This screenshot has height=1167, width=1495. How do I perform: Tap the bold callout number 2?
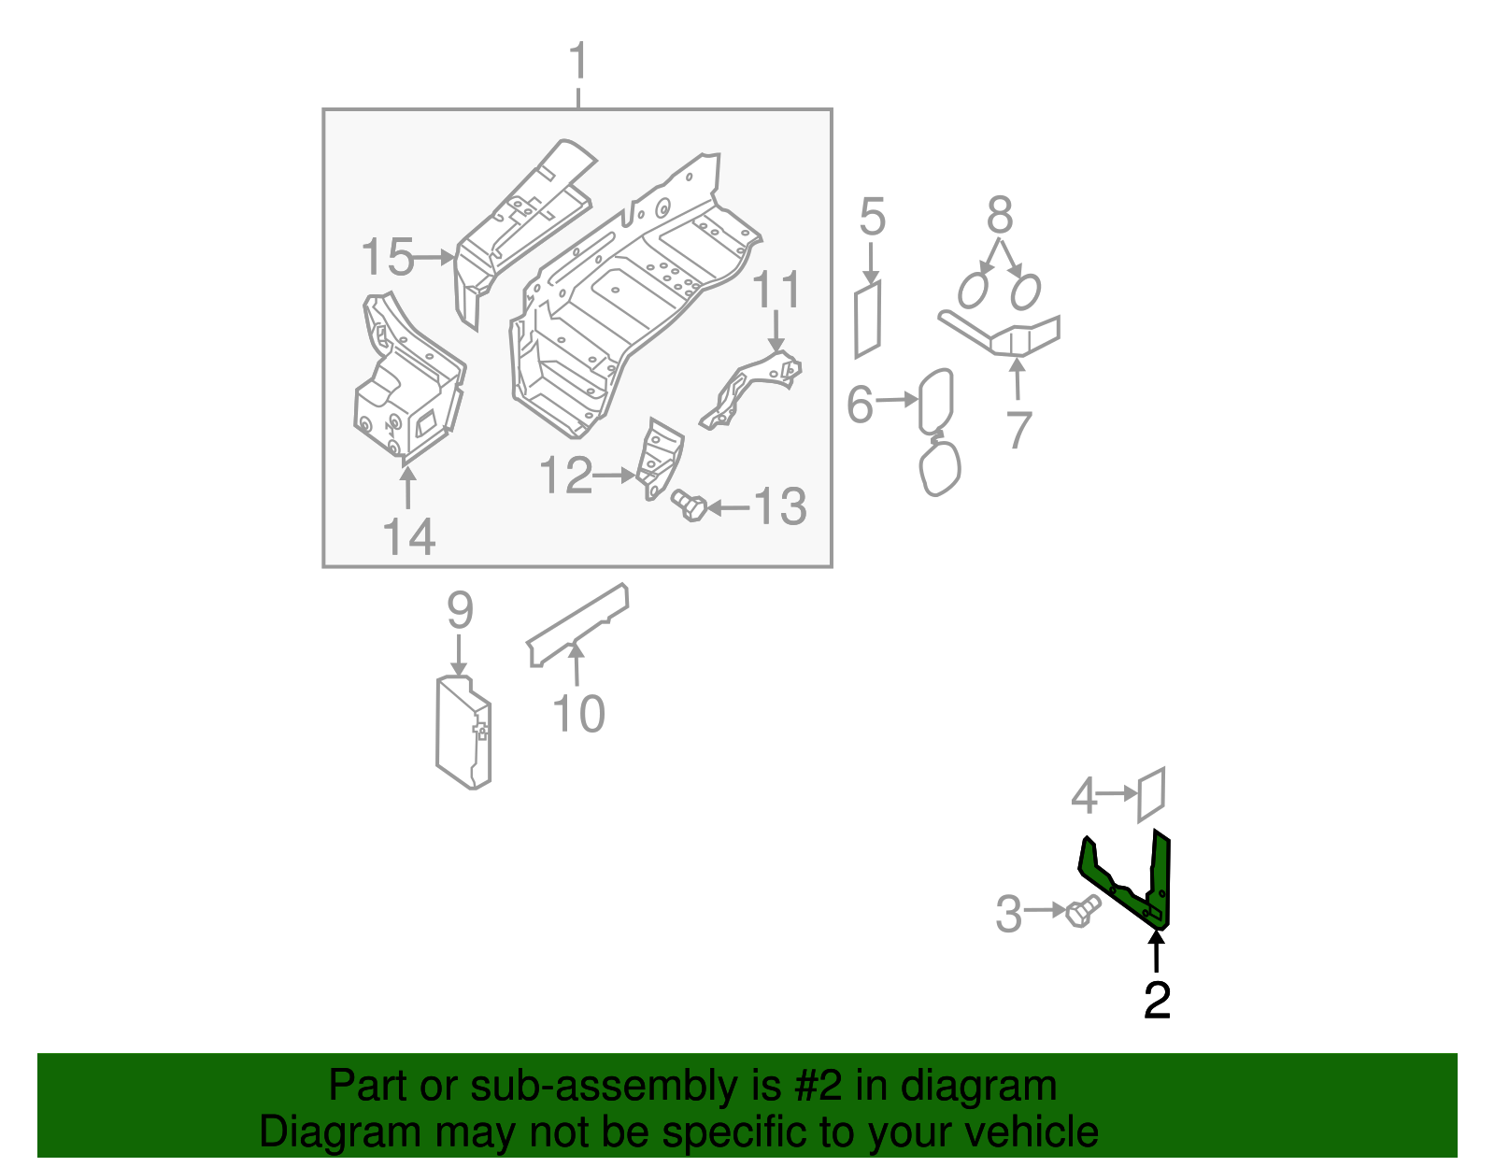point(1157,1002)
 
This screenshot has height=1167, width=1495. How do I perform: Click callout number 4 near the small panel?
point(1083,796)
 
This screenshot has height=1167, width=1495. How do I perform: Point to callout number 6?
point(860,405)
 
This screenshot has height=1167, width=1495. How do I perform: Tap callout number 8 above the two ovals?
point(1000,216)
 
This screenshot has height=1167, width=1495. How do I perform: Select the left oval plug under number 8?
point(974,291)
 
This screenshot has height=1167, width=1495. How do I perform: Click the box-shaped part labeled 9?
point(463,733)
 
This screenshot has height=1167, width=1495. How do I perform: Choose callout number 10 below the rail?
point(578,714)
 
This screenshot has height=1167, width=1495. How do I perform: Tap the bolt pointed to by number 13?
point(690,505)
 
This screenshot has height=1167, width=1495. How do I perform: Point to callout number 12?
point(566,476)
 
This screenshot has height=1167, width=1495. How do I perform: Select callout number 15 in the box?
point(388,257)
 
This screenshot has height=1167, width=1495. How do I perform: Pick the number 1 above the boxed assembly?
point(578,63)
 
